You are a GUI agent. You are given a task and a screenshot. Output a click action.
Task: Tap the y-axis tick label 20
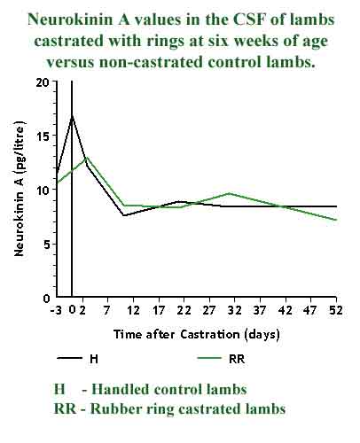click(42, 82)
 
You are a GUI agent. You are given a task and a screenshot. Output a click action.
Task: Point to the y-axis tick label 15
click(42, 136)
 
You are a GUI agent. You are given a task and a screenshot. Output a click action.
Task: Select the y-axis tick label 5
click(45, 244)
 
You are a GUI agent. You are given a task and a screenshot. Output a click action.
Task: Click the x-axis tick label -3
click(55, 310)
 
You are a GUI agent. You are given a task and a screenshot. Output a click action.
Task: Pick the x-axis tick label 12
click(133, 310)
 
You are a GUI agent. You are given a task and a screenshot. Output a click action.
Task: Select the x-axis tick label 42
click(286, 310)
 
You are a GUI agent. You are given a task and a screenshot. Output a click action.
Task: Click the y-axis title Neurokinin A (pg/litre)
click(20, 190)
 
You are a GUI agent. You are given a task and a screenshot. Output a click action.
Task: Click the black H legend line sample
click(70, 358)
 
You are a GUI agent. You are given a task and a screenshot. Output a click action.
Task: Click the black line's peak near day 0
click(72, 115)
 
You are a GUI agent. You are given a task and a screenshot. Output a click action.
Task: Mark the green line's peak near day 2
click(85, 157)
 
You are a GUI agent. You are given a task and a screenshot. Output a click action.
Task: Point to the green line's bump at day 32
click(230, 193)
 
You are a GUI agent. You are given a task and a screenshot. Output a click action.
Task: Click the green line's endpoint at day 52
click(336, 220)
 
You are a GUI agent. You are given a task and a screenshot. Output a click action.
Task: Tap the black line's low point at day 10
click(123, 215)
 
